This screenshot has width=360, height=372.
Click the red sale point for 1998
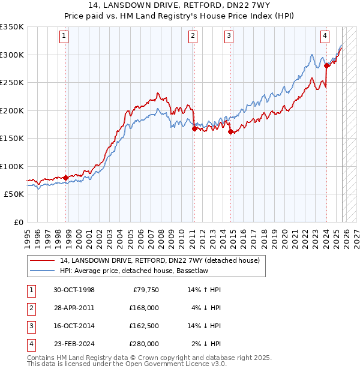coord(65,178)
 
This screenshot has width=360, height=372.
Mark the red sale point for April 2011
coord(194,128)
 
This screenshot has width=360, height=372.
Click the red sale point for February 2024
coord(326,66)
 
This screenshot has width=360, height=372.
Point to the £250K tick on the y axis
coord(12,83)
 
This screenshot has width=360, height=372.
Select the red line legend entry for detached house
coord(160,260)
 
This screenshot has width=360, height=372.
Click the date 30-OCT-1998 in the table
coord(74,290)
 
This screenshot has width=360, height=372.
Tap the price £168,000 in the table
coord(143,308)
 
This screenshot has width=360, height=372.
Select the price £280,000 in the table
coord(143,344)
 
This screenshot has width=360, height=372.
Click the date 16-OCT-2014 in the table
coord(74,326)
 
